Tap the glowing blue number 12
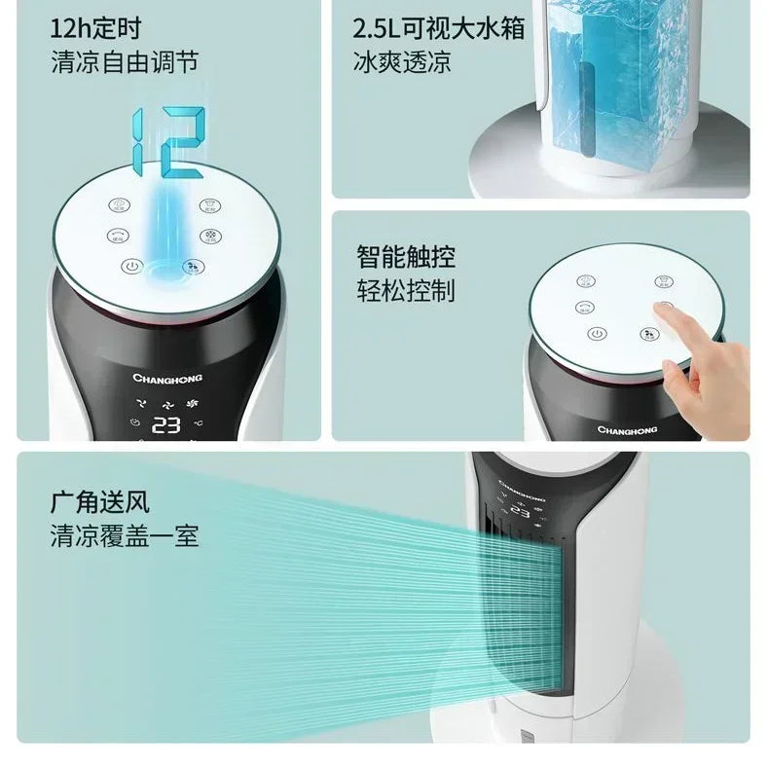(x=167, y=141)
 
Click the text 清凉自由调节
(x=125, y=62)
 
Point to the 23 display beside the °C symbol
(x=166, y=424)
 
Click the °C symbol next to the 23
(x=198, y=423)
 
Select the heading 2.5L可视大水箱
(x=439, y=26)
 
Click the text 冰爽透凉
(x=402, y=63)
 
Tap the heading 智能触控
(x=405, y=257)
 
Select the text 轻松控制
(x=405, y=290)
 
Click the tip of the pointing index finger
(x=662, y=310)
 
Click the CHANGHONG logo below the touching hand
(x=626, y=429)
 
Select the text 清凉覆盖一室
(x=125, y=536)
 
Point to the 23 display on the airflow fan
(x=519, y=513)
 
